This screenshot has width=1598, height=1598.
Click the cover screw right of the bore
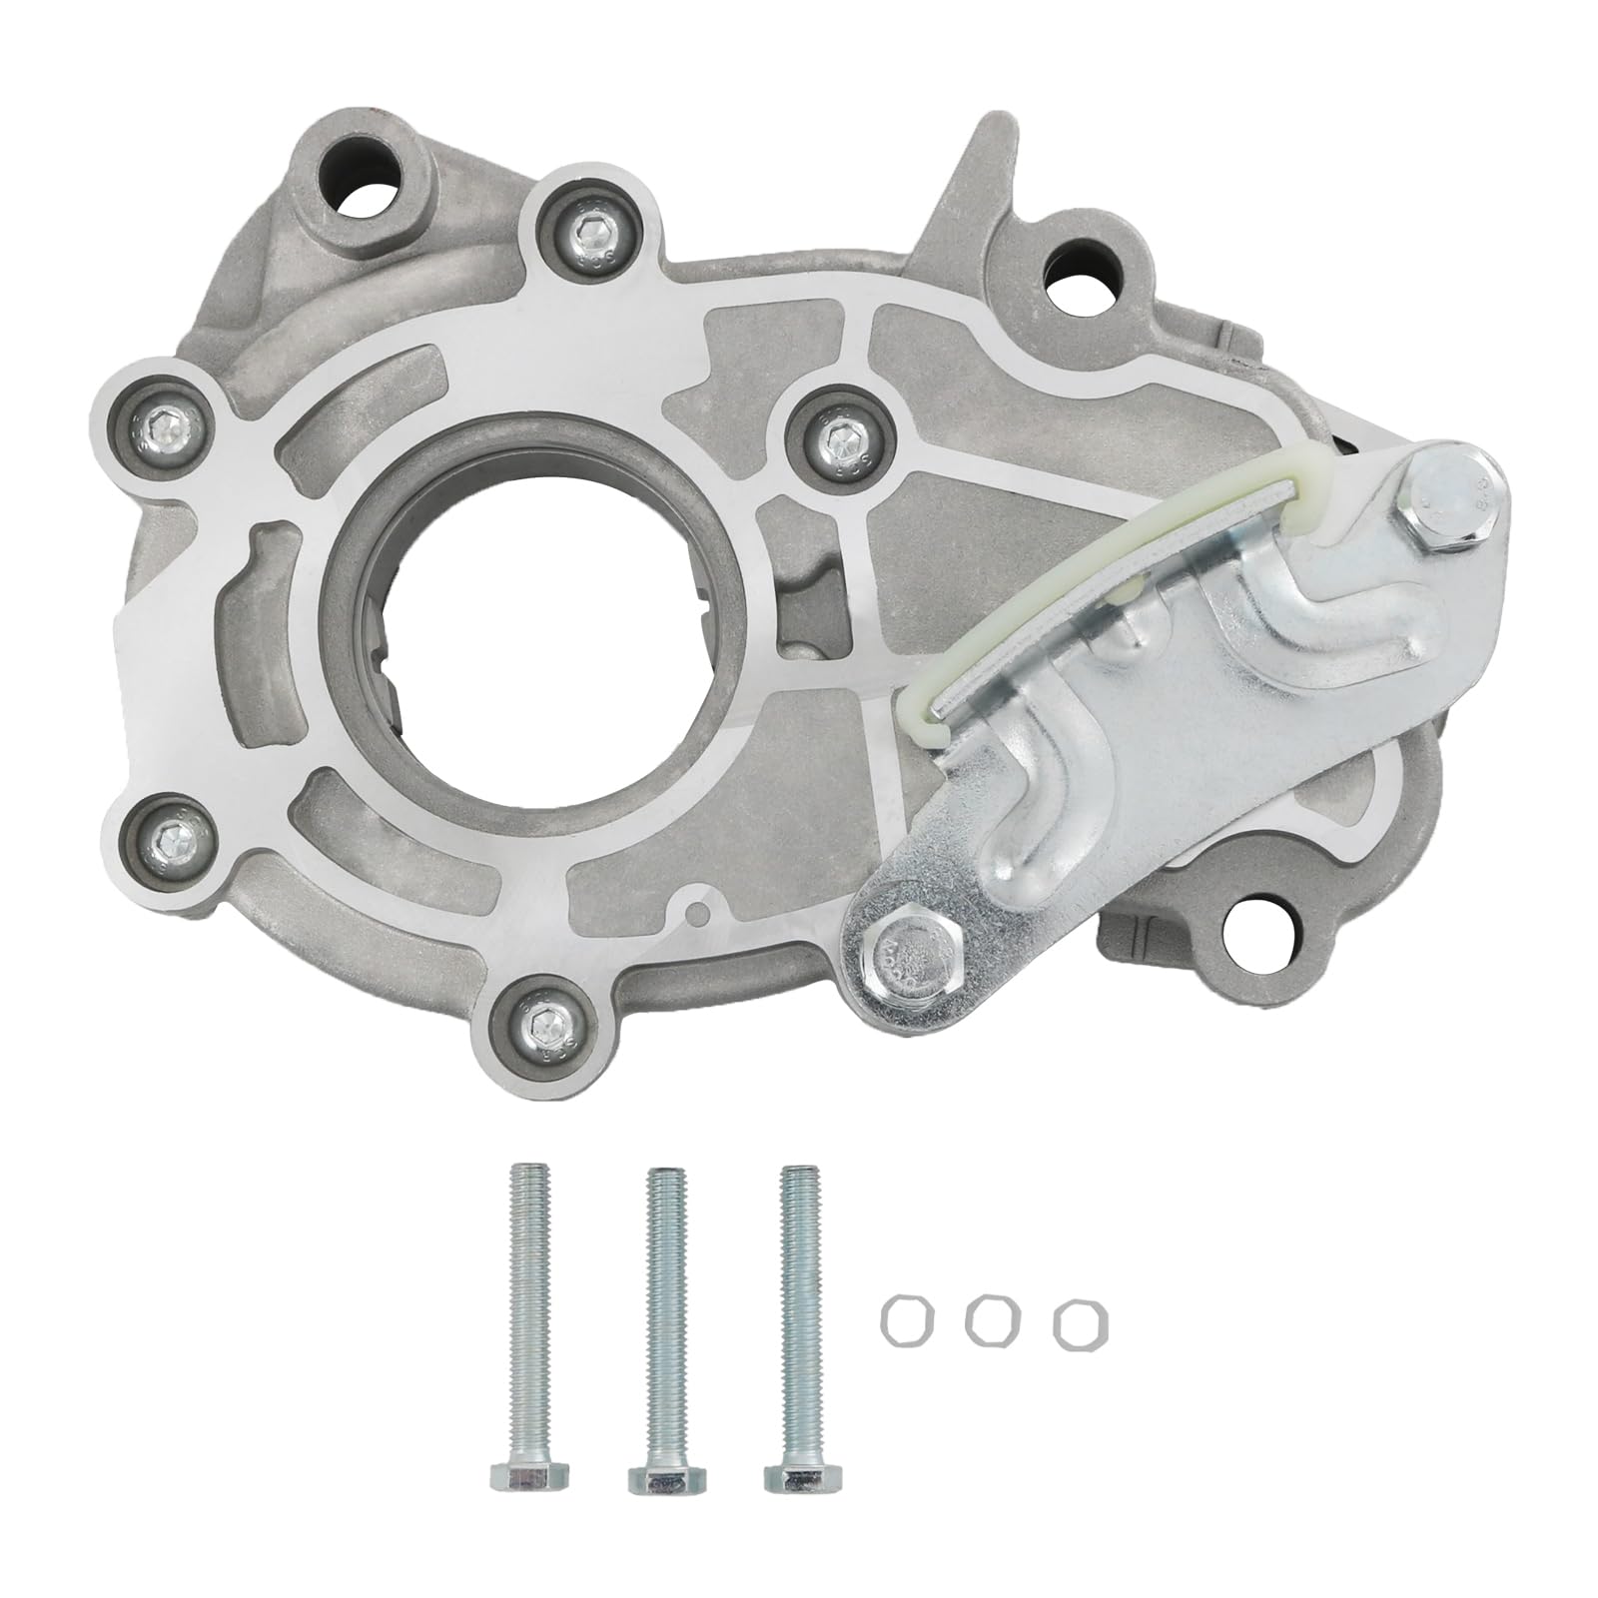click(x=840, y=432)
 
